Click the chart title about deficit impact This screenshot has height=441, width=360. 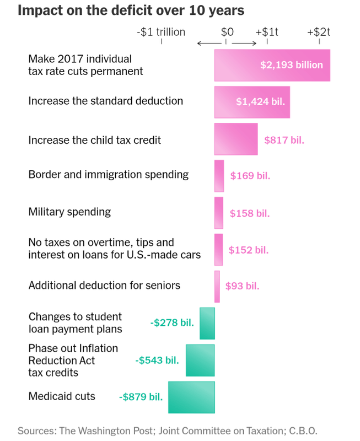pos(131,10)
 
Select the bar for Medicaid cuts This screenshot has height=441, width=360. pos(191,397)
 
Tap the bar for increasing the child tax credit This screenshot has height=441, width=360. pos(236,139)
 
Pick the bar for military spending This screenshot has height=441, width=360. pos(219,213)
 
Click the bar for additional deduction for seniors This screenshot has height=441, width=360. pos(217,286)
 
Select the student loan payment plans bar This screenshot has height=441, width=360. pos(207,323)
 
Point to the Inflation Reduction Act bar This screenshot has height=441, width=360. pos(200,361)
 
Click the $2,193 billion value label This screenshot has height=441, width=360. pos(292,65)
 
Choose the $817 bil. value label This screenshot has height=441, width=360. pos(284,140)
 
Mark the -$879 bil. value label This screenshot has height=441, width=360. pos(141,396)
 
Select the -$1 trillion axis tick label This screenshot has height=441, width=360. pos(161,32)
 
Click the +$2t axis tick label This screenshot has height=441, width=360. pos(319,32)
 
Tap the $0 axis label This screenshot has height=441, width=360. pos(228,32)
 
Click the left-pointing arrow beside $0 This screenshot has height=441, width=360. pos(206,43)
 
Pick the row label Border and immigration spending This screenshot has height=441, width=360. pos(109,175)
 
